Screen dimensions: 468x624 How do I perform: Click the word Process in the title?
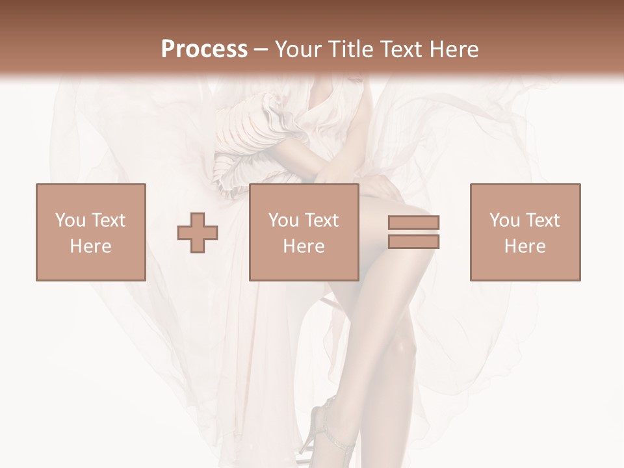click(x=204, y=49)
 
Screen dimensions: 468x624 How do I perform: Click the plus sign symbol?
click(x=198, y=232)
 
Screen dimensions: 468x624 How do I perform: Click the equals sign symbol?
click(x=413, y=232)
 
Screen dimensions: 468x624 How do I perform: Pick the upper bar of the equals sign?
click(x=413, y=223)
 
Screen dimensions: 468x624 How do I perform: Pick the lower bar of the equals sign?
click(x=413, y=242)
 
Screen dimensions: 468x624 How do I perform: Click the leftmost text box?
click(x=91, y=232)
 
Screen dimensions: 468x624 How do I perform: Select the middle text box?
click(x=304, y=232)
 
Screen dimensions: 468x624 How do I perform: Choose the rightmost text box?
click(x=525, y=232)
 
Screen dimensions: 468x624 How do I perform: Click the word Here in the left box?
click(x=91, y=246)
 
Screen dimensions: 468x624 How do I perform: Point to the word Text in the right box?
click(x=542, y=220)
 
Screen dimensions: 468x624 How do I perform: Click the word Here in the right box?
click(x=525, y=246)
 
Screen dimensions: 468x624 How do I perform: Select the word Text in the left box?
click(x=108, y=220)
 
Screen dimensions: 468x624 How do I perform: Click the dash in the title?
click(x=261, y=49)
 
